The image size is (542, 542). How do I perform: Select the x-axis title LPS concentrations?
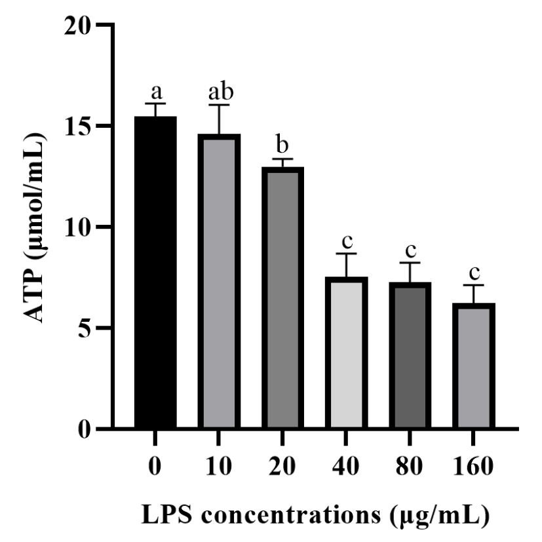pos(315,515)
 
